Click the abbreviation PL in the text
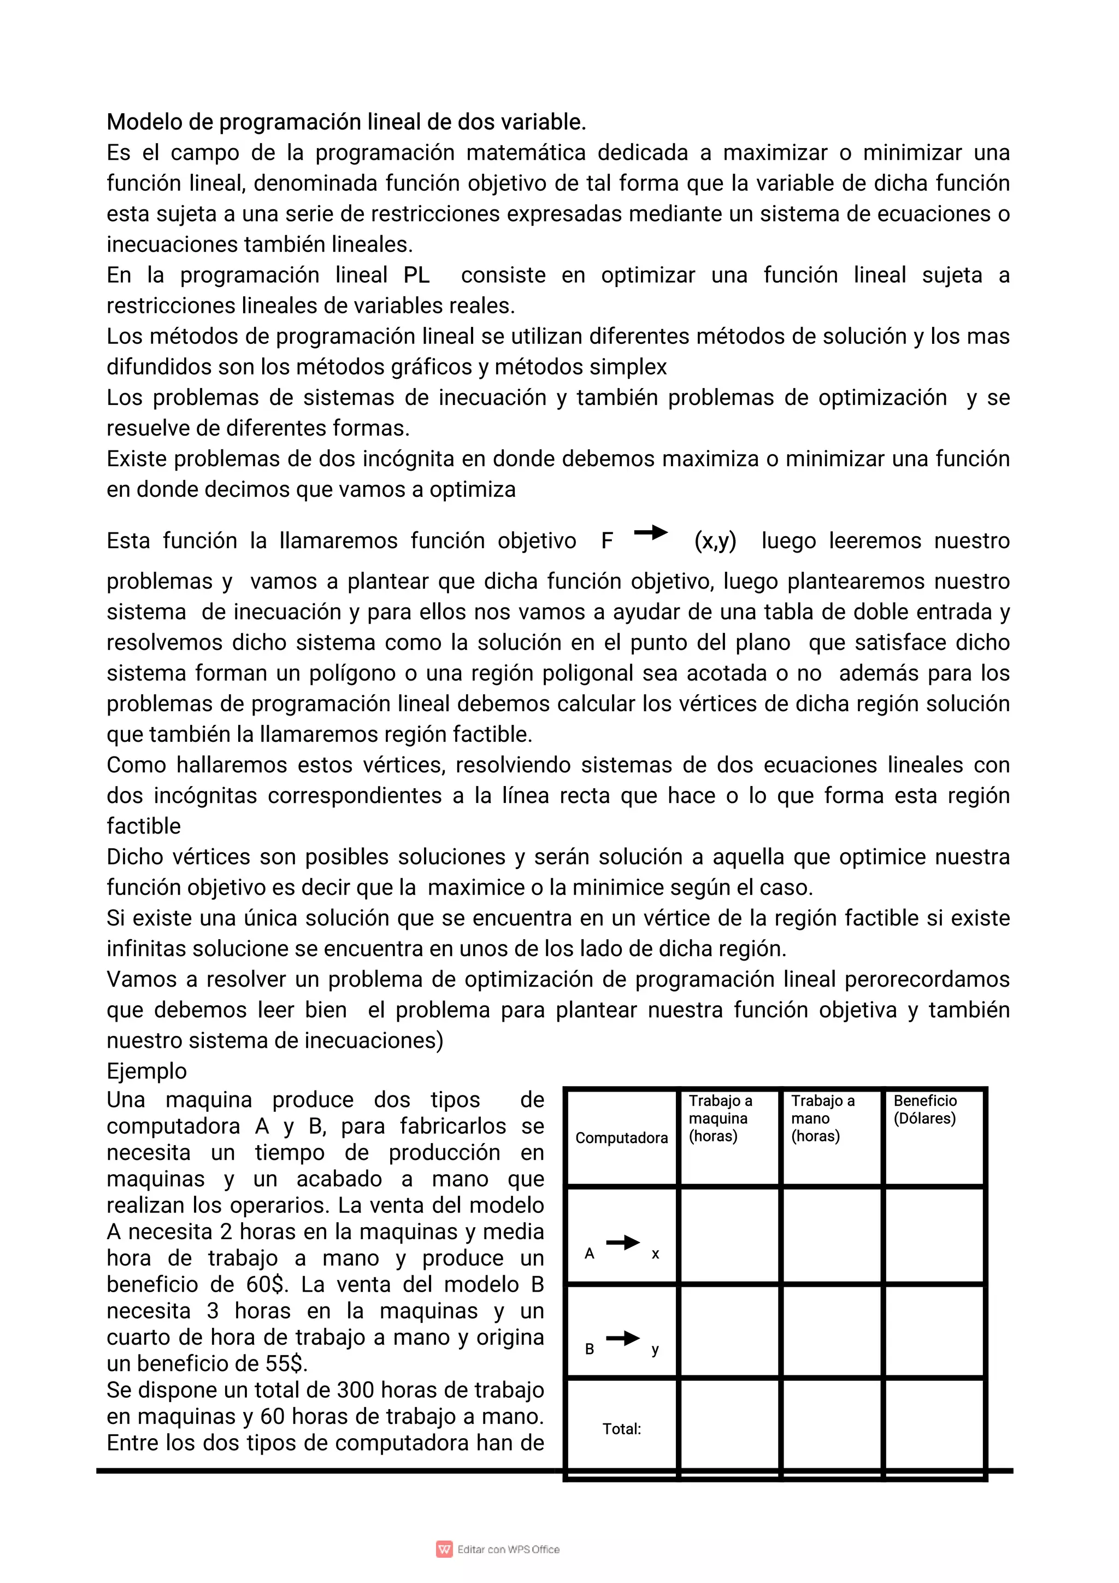[416, 275]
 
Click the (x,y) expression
[715, 541]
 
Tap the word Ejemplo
[146, 1071]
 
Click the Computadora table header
[621, 1138]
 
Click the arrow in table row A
[623, 1242]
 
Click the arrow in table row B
[623, 1338]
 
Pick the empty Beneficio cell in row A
[934, 1235]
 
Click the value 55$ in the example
[286, 1364]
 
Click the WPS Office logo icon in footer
[444, 1549]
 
